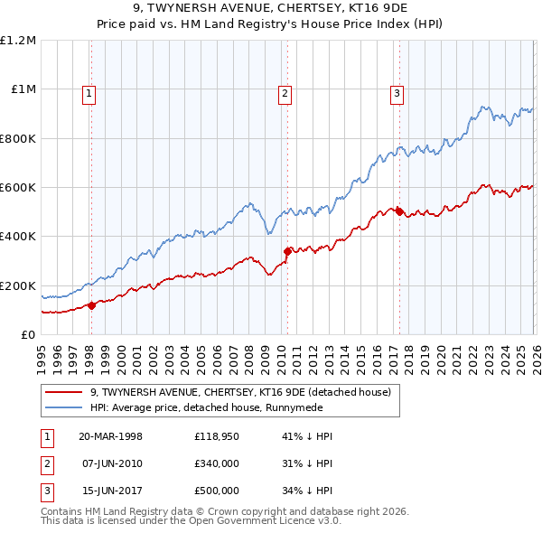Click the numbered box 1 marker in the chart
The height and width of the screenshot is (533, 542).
click(91, 92)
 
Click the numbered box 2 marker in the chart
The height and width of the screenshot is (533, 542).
click(285, 92)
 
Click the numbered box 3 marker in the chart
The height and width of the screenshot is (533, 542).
click(397, 92)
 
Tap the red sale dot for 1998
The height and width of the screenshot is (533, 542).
click(92, 305)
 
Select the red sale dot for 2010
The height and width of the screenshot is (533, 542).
click(287, 251)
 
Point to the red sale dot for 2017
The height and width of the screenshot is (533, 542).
click(399, 211)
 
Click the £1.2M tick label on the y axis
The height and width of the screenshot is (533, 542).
click(18, 41)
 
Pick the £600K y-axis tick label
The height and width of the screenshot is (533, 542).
click(18, 188)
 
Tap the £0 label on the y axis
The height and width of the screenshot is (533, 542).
click(27, 335)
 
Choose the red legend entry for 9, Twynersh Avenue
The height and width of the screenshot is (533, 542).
click(239, 392)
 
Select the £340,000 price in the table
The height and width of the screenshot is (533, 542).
click(217, 463)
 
